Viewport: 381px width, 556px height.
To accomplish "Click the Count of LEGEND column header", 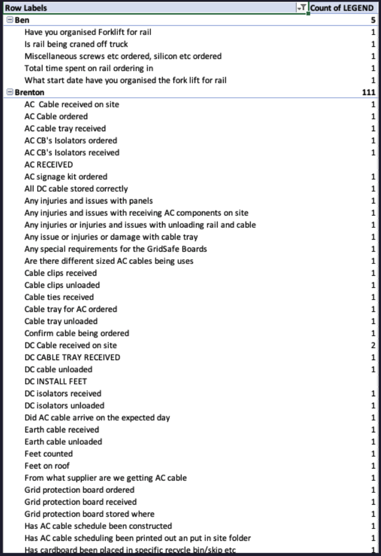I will coord(342,8).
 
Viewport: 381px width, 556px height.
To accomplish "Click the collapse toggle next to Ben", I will coord(9,20).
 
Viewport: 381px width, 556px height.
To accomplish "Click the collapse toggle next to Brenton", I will coord(9,92).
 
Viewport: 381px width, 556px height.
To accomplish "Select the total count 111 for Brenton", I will coord(369,92).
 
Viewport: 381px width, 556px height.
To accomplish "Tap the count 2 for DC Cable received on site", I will coord(373,345).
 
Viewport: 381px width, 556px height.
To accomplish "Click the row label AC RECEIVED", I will coord(49,165).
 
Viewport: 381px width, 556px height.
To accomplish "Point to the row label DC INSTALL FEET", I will coord(55,382).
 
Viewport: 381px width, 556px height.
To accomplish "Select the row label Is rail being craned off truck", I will coord(77,44).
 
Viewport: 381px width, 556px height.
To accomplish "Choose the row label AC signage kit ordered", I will coord(66,177).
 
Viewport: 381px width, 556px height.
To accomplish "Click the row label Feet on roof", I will coord(47,466).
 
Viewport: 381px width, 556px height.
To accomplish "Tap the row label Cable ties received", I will coord(59,297).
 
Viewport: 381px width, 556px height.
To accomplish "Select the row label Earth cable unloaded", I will coord(63,442).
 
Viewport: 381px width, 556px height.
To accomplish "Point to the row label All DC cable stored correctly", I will coord(76,189).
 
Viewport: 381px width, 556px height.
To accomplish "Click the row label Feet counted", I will coord(49,454).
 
